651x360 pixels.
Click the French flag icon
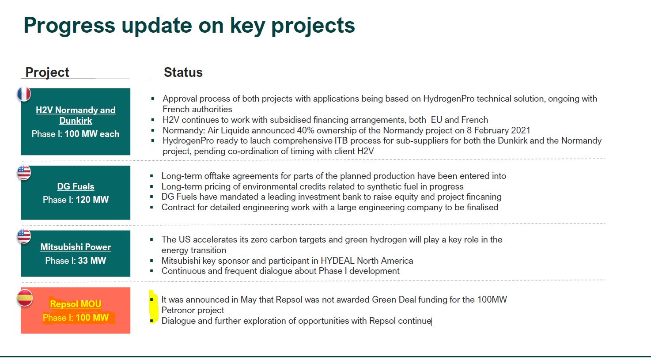pyautogui.click(x=24, y=94)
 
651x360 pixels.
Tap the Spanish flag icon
pyautogui.click(x=24, y=298)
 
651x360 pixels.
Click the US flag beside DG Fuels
pyautogui.click(x=24, y=172)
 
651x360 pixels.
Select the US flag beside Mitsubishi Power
pyautogui.click(x=24, y=236)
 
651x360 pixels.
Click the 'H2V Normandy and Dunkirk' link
pyautogui.click(x=76, y=115)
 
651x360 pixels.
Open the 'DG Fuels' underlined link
pyautogui.click(x=76, y=186)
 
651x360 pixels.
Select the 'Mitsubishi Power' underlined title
pyautogui.click(x=76, y=247)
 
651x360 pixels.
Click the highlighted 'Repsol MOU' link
pyautogui.click(x=76, y=304)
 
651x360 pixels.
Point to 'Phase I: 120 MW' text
pyautogui.click(x=76, y=200)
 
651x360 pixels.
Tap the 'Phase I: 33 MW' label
pyautogui.click(x=76, y=261)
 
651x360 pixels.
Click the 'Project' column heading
pyautogui.click(x=47, y=72)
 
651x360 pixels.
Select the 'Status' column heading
pyautogui.click(x=183, y=72)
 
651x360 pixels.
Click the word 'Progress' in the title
pyautogui.click(x=69, y=26)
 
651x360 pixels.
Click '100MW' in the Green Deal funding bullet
pyautogui.click(x=492, y=299)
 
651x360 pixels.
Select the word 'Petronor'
pyautogui.click(x=178, y=310)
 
